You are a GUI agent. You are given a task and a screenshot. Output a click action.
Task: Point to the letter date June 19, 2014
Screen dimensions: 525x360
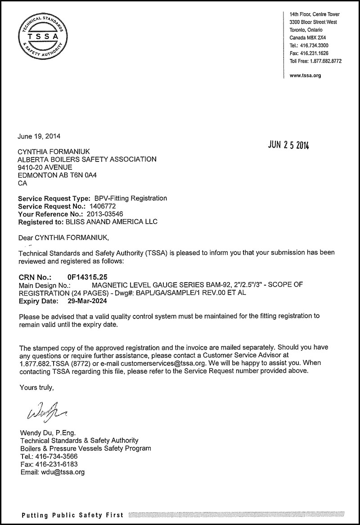39,136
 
